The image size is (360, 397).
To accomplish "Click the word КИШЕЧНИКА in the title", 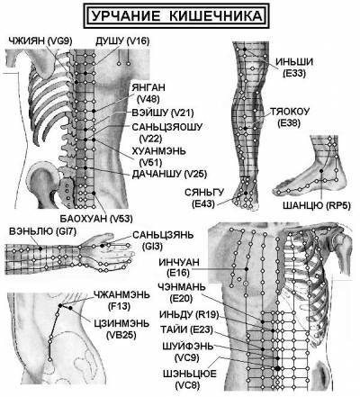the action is [215, 15].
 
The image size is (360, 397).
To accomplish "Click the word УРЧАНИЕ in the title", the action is [125, 15].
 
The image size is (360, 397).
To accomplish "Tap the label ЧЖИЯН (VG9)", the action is [40, 41].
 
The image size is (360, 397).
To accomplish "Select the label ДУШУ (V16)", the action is [122, 41].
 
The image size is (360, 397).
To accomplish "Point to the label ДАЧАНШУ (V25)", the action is [169, 174].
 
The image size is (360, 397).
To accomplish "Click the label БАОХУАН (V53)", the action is [96, 219].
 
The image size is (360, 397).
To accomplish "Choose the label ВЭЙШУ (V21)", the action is [163, 113].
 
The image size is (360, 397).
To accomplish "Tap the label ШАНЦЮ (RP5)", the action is [317, 205].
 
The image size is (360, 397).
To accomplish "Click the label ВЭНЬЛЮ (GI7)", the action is [43, 231].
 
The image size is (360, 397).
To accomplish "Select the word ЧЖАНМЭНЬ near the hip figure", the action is [121, 294].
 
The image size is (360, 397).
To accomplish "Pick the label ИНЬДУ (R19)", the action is [189, 315].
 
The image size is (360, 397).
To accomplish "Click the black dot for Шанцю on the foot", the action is [321, 171].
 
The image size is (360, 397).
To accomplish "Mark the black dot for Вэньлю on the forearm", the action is [40, 248].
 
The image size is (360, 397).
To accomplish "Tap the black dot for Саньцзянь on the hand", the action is [103, 246].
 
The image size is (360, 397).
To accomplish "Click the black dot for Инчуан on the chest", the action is [247, 269].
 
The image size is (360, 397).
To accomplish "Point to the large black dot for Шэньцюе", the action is [277, 368].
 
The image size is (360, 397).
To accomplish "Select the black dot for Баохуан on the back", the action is [94, 193].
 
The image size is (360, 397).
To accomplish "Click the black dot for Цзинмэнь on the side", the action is [70, 308].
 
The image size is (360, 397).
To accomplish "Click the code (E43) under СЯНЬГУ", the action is [203, 204].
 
